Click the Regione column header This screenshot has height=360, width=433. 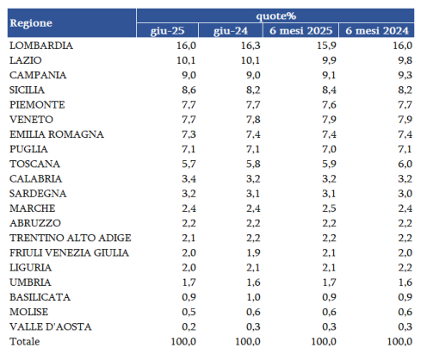(31, 23)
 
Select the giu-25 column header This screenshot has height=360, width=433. (168, 31)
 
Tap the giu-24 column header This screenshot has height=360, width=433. (231, 31)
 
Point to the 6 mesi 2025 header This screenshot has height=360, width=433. (300, 30)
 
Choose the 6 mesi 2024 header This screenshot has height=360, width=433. (377, 30)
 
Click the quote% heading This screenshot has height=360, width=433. (275, 16)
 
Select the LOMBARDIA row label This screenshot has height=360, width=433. (41, 46)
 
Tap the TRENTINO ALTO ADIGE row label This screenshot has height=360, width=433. (71, 238)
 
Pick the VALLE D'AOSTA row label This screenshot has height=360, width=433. (51, 326)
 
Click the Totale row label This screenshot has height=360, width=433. (25, 342)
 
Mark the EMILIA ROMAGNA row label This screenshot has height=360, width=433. (57, 134)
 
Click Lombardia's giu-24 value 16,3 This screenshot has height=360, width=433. (251, 46)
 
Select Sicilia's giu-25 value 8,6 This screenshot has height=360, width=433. (189, 90)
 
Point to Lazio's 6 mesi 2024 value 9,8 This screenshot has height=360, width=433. (405, 60)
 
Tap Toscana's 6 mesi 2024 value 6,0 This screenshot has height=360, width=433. (405, 164)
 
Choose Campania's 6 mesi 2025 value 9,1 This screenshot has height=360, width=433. (329, 75)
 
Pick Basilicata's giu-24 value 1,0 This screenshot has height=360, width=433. (253, 297)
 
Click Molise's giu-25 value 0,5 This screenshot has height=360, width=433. (189, 312)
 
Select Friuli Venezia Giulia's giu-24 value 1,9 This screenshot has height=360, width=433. (253, 253)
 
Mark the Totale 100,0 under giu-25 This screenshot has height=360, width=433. (183, 342)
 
